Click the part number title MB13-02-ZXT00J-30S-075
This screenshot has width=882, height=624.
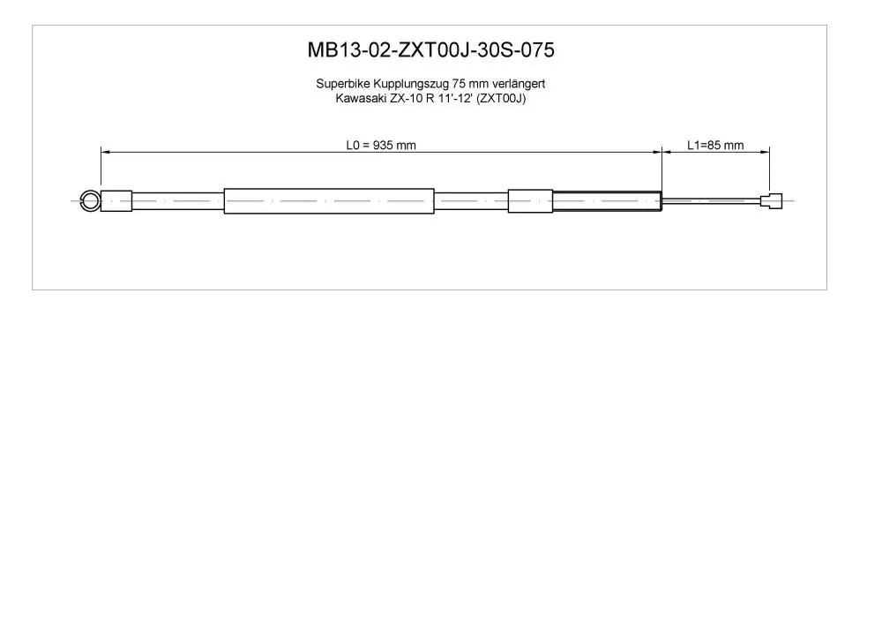431,50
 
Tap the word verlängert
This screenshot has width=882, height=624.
519,85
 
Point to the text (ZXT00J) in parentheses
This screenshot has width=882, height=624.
501,99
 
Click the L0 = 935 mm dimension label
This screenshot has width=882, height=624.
381,145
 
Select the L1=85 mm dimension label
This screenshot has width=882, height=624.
715,145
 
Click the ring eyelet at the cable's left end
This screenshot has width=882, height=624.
82,201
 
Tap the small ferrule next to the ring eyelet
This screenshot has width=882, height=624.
116,201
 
